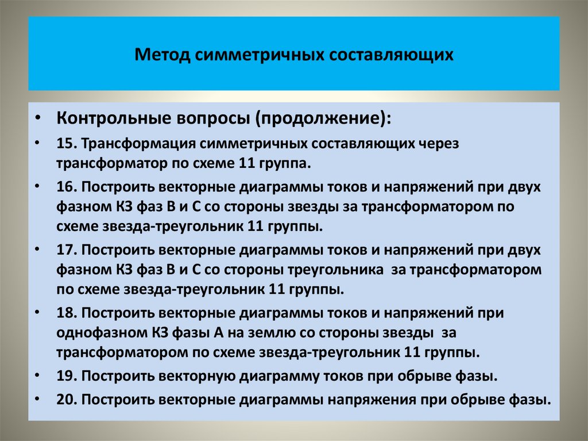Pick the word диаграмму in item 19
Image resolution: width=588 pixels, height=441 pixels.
[274, 376]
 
